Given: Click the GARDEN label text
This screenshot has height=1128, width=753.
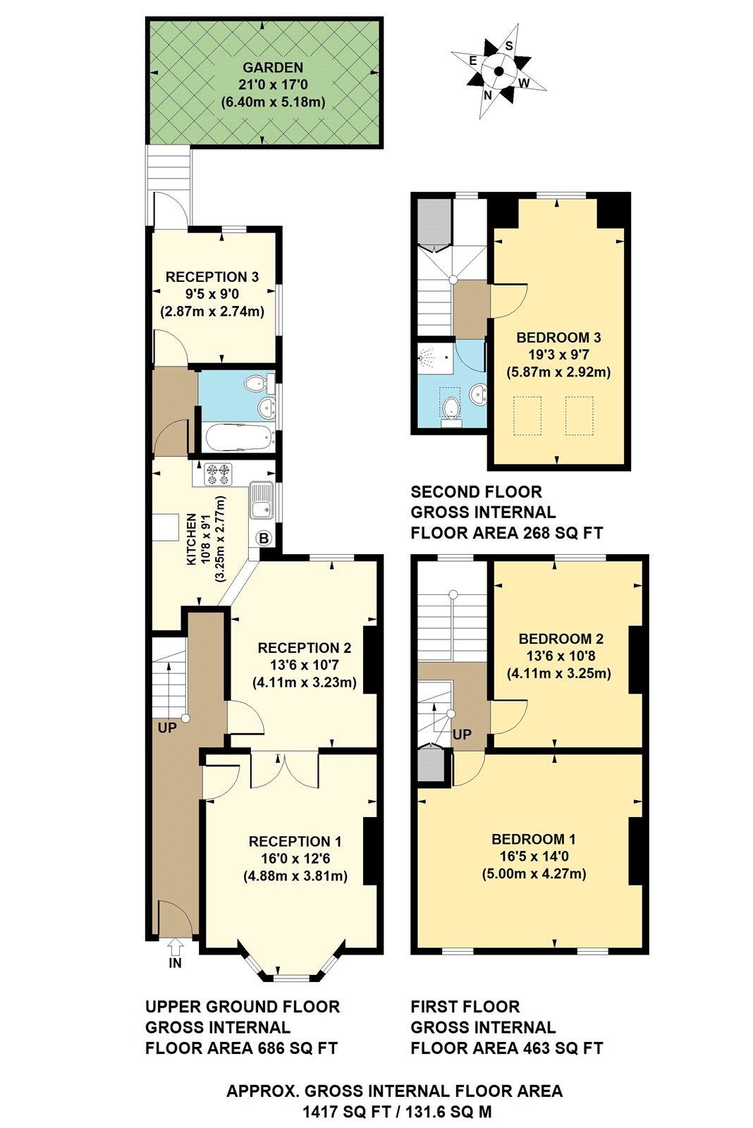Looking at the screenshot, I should (273, 68).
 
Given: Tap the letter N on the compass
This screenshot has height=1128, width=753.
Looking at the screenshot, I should (487, 95).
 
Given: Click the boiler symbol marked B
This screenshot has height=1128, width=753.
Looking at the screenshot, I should (264, 539).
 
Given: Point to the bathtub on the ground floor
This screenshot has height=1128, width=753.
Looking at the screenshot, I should (239, 438).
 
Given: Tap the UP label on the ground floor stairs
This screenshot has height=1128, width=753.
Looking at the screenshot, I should (167, 728).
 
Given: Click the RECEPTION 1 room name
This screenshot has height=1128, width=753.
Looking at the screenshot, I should (295, 841).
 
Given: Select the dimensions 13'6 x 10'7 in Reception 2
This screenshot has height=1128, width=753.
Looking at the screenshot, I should (304, 665).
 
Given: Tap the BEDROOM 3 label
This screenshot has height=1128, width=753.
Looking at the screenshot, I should (558, 338).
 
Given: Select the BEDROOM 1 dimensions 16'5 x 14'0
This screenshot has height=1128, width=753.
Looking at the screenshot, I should (534, 857).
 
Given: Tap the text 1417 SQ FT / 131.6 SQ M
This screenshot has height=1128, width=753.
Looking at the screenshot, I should (397, 1112).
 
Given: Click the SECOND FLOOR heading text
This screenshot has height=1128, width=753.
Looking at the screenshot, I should (476, 491).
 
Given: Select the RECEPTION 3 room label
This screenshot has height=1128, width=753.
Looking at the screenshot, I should (212, 277).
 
